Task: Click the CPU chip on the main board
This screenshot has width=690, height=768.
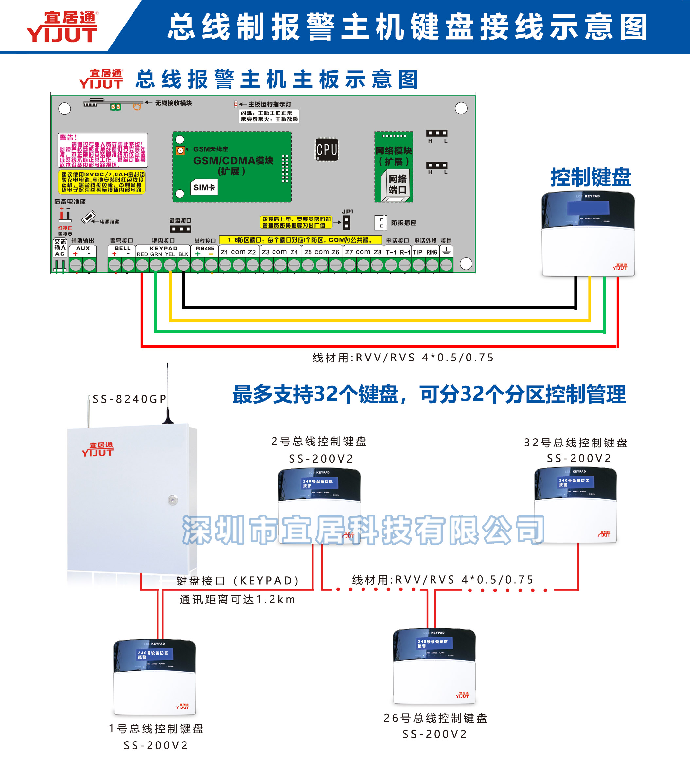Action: [327, 149]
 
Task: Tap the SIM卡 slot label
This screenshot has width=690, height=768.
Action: [204, 187]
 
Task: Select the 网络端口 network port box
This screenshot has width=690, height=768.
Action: [397, 184]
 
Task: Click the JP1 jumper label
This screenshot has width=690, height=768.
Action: [347, 212]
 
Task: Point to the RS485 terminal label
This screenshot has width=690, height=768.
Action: [205, 248]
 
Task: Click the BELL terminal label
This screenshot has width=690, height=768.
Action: [122, 248]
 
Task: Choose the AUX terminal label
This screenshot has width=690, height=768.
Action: [83, 248]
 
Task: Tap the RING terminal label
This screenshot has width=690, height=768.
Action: [432, 253]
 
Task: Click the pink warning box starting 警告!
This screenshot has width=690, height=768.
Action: [102, 150]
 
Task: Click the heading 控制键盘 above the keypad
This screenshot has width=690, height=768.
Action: [590, 177]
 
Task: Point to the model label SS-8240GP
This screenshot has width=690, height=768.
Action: [129, 399]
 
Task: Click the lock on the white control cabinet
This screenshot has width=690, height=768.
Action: [173, 500]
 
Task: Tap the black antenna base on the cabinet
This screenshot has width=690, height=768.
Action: [168, 420]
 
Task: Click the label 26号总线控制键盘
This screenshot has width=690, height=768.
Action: [435, 718]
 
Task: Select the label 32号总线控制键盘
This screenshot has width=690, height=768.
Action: [575, 443]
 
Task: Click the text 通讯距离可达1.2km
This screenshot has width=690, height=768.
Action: [237, 599]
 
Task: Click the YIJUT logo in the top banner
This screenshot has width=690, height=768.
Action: [62, 27]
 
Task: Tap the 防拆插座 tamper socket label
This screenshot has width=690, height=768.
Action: [403, 223]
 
